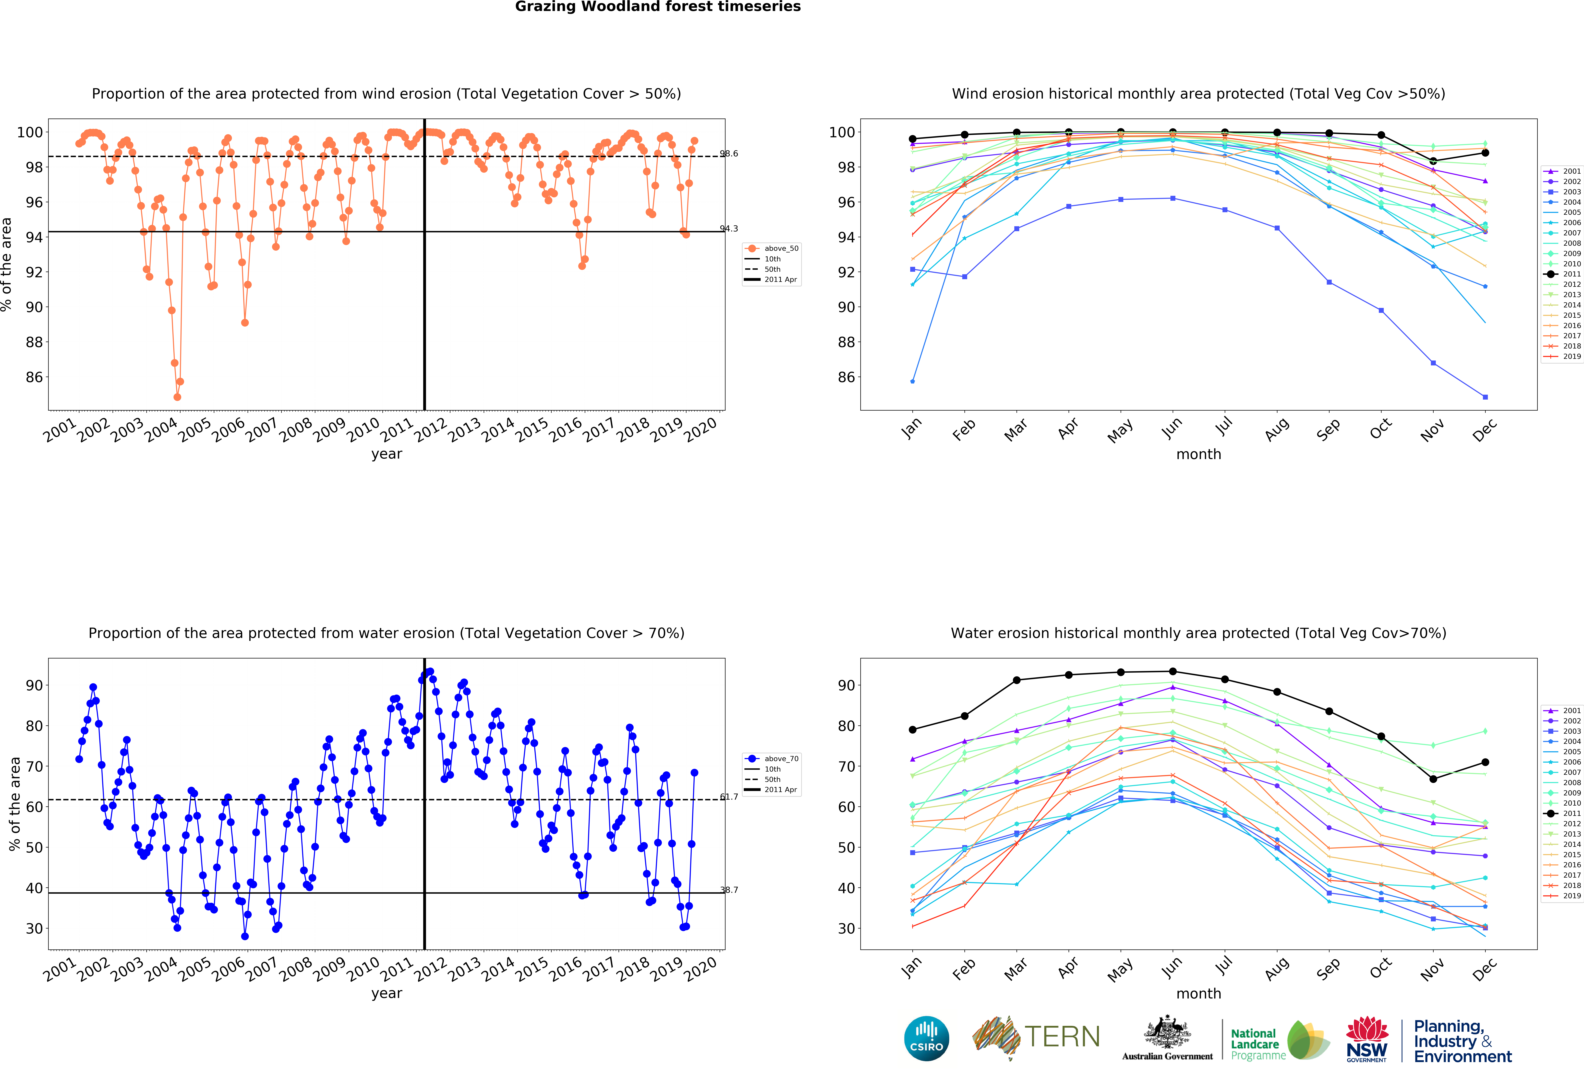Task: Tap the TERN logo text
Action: click(1062, 1037)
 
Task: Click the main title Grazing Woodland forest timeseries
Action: click(658, 7)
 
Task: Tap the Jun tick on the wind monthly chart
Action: click(1172, 427)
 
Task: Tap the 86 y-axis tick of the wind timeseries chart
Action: click(34, 377)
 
